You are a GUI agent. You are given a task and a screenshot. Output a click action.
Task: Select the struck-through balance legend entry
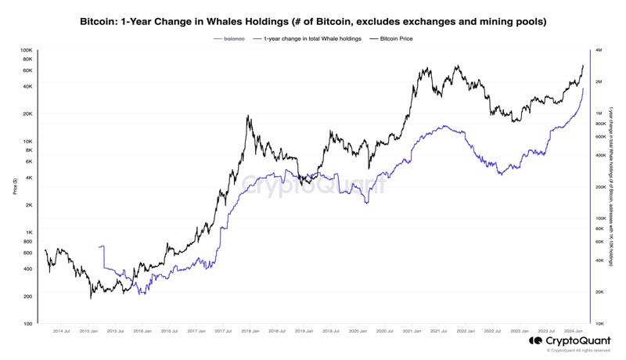[x=234, y=38]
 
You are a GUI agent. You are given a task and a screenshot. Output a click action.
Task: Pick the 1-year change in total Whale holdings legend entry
[x=311, y=38]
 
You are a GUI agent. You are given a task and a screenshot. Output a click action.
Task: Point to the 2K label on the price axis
[x=27, y=205]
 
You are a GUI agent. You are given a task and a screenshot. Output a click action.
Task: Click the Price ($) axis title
[x=15, y=186]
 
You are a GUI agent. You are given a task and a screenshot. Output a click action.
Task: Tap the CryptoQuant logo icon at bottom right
[x=535, y=341]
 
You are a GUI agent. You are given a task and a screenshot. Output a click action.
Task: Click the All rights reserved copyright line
[x=578, y=351]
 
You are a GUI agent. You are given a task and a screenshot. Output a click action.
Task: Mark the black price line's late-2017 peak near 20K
[x=248, y=116]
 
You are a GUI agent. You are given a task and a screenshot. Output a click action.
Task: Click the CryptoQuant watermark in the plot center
[x=312, y=185]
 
